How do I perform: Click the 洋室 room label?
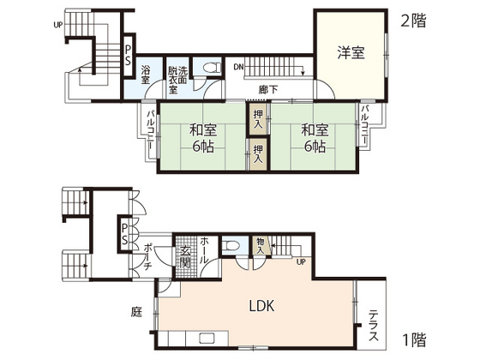350,52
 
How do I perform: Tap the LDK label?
261,306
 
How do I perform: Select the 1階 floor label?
413,339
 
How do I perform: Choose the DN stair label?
239,65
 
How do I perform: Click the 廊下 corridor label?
267,88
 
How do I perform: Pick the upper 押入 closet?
258,118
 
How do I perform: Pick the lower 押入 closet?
258,153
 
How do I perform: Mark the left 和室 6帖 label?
203,138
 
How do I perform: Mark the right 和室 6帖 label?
314,138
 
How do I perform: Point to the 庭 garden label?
135,312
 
